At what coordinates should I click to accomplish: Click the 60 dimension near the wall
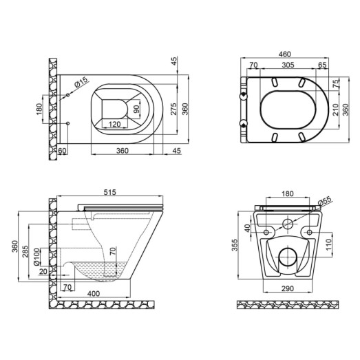point(62,150)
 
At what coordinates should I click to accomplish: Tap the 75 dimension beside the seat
point(336,84)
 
